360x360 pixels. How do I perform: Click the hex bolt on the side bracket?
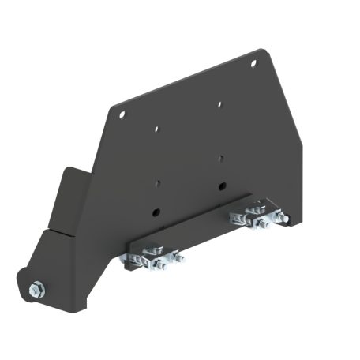tap(35, 288)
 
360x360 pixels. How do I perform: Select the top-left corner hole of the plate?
tap(122, 114)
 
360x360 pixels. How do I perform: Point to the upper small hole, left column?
tap(158, 127)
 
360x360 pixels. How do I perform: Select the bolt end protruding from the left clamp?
tap(181, 257)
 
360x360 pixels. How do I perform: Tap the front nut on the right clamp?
tap(260, 225)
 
